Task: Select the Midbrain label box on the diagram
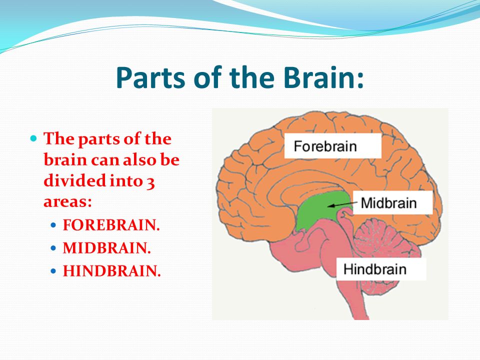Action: click(x=393, y=202)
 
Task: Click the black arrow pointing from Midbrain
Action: click(x=342, y=204)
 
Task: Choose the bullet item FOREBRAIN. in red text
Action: click(x=111, y=225)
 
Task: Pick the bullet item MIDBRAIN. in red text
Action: click(x=107, y=248)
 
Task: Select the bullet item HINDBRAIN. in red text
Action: click(x=111, y=271)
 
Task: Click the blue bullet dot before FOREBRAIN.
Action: click(x=53, y=225)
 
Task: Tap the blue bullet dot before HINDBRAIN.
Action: click(x=53, y=271)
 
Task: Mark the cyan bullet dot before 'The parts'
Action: click(x=33, y=138)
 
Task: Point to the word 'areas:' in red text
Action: click(x=67, y=202)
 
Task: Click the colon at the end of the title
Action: click(x=360, y=79)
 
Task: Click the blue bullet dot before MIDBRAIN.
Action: click(x=53, y=248)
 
